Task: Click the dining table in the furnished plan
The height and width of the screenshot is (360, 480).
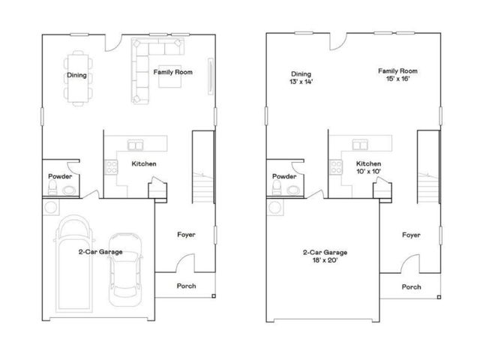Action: click(x=78, y=75)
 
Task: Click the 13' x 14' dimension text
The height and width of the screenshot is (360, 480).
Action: click(x=301, y=82)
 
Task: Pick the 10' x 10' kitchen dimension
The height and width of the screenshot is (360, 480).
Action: click(x=368, y=172)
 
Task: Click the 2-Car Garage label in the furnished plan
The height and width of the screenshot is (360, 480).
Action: click(x=100, y=253)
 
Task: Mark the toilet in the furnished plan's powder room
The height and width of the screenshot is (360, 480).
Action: click(x=53, y=190)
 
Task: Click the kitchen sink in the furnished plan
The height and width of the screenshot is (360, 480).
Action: click(x=136, y=145)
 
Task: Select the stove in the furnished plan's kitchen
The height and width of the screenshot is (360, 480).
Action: click(x=111, y=166)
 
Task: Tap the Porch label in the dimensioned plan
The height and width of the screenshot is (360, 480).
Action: click(x=411, y=286)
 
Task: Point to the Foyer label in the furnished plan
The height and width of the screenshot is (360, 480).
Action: click(x=186, y=235)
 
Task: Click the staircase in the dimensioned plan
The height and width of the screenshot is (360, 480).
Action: click(x=427, y=169)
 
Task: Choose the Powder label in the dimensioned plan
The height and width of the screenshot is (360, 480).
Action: click(x=284, y=177)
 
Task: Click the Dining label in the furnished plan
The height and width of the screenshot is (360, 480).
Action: click(x=77, y=75)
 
